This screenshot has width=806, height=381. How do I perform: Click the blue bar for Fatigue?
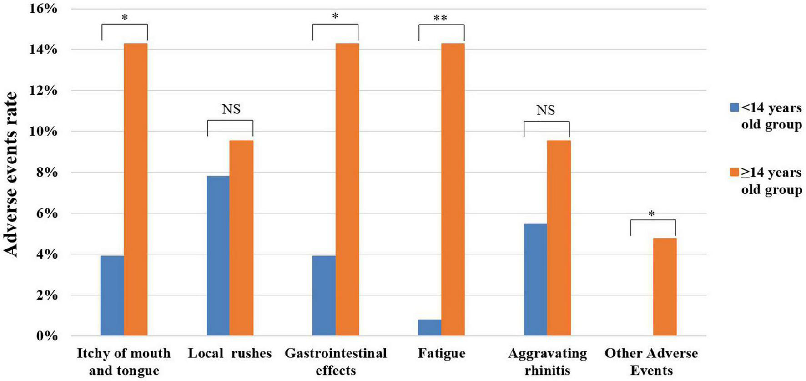[429, 328]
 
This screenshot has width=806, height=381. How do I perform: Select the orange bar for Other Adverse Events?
[665, 287]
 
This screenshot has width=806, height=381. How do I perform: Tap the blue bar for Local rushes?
[218, 256]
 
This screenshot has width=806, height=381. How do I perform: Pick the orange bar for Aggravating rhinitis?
[559, 238]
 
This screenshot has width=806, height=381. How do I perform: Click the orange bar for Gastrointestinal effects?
[347, 189]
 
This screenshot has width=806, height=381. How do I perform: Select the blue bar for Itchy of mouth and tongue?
[112, 296]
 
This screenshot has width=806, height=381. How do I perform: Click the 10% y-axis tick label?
[44, 132]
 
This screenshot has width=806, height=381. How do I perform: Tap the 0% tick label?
[47, 336]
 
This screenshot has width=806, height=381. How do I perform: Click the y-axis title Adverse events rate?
[11, 174]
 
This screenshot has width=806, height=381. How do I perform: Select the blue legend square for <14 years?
[735, 107]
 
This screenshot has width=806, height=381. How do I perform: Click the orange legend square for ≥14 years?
[735, 172]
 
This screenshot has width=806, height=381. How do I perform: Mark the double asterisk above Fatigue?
[440, 18]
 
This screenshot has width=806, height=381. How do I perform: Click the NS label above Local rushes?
[231, 109]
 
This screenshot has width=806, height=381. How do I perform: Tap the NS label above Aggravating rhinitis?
[545, 110]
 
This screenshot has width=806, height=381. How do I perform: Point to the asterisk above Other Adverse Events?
[651, 213]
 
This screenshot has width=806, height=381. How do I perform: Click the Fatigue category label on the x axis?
[441, 354]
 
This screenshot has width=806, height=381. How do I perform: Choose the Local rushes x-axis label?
[230, 354]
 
